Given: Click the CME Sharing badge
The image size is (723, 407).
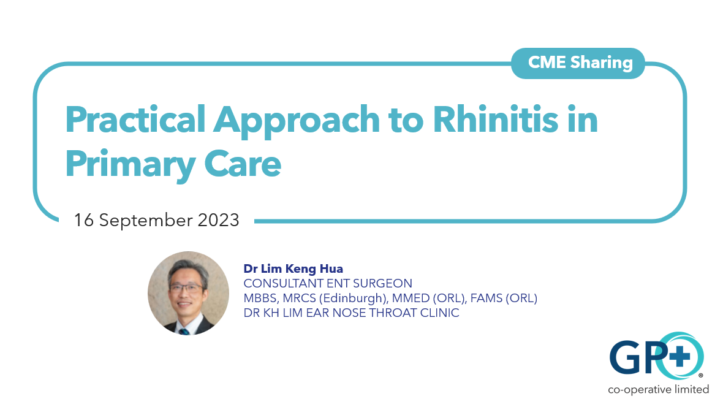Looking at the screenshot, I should click(578, 63).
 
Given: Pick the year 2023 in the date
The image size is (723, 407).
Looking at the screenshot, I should click(218, 220).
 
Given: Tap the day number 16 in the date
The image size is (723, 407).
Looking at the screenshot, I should click(83, 220).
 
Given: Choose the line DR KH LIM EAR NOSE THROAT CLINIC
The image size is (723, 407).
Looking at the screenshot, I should click(351, 313).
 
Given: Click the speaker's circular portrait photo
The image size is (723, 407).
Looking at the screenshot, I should click(188, 292).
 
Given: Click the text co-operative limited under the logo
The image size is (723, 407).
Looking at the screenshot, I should click(658, 389).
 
